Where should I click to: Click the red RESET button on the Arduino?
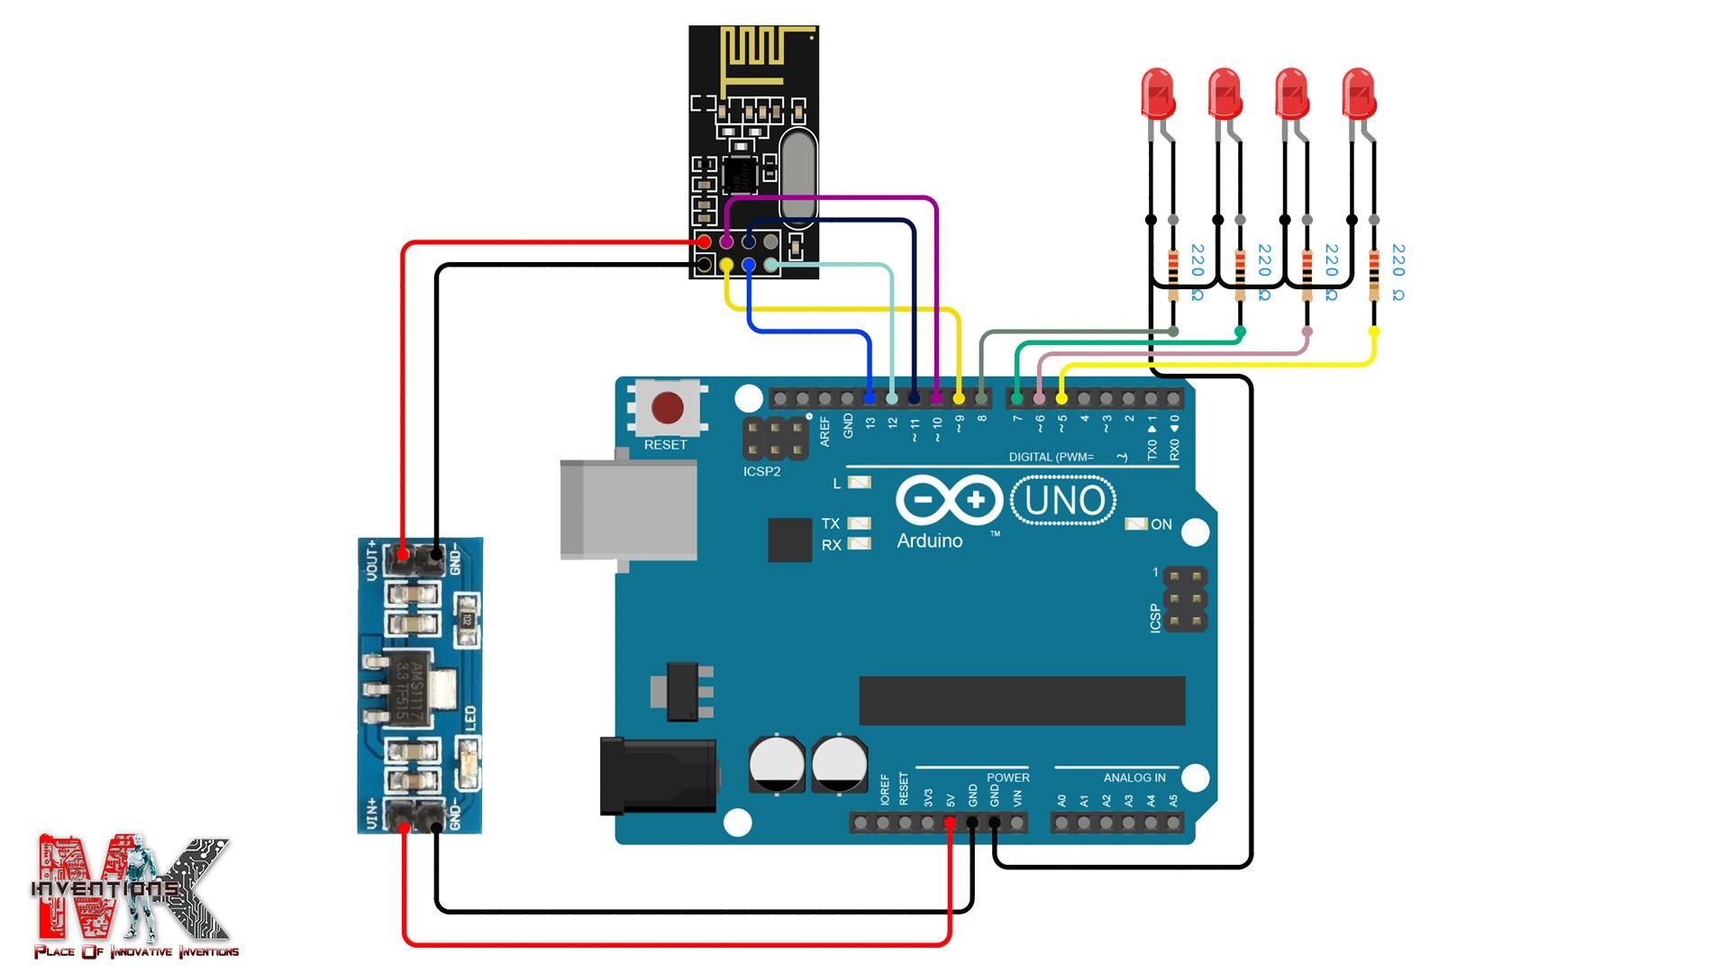point(667,408)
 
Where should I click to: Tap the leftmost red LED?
point(1158,94)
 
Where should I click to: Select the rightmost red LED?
point(1359,94)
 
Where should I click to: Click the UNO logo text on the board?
point(1064,501)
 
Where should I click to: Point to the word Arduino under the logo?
point(930,541)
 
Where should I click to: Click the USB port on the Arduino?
point(628,510)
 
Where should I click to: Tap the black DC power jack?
point(658,775)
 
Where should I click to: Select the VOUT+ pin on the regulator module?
point(402,553)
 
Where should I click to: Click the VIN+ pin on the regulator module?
point(402,816)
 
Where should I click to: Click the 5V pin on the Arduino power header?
point(950,823)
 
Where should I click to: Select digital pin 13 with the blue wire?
point(870,398)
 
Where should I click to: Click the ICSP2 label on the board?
point(761,471)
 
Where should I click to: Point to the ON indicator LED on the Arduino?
point(1137,523)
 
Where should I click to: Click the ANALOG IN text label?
point(1134,777)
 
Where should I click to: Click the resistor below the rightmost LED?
point(1373,275)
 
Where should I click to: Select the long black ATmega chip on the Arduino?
point(1022,701)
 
